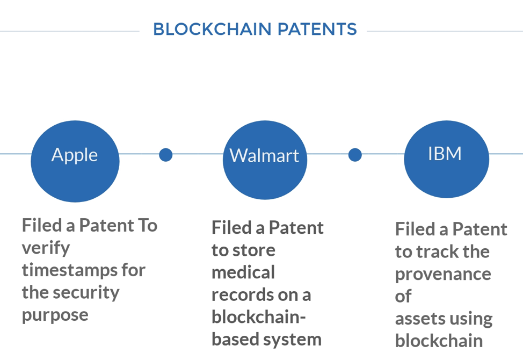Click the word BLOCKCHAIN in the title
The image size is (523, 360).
212,29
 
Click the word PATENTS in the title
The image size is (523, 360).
317,29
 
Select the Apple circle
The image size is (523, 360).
75,161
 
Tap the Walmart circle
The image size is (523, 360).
265,160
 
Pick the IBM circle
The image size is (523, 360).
447,159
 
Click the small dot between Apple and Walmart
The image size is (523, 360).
166,155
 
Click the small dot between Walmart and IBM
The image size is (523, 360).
355,155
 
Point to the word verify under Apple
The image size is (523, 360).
46,249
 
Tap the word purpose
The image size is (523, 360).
55,315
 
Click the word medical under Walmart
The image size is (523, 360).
243,272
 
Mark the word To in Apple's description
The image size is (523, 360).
148,225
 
